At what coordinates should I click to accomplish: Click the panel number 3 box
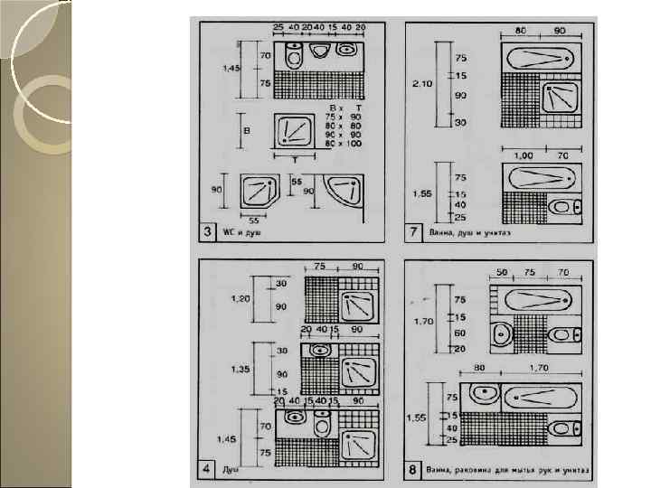(207, 233)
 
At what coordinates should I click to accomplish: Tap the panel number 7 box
(412, 233)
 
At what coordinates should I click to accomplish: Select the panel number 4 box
(207, 470)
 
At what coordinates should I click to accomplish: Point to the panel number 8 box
(412, 470)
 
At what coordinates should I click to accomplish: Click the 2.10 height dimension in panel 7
(420, 83)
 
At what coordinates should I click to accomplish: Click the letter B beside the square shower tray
(245, 129)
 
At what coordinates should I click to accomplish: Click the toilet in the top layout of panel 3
(293, 57)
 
